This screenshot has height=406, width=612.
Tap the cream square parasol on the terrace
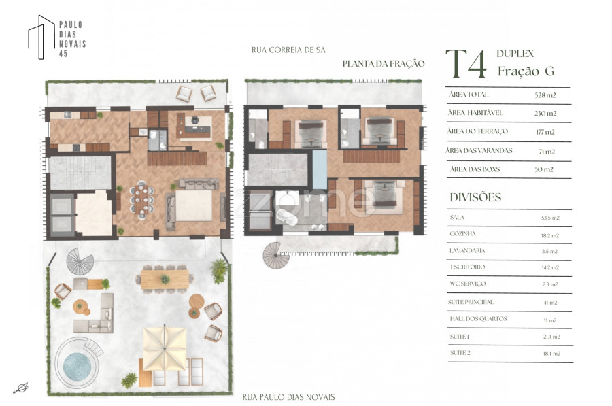point(165,348)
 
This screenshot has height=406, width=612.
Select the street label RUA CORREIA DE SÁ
point(288,50)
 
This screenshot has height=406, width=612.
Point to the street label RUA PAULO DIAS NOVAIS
point(288,397)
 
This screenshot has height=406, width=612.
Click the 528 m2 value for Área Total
point(545,95)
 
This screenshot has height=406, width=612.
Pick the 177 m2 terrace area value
point(545,132)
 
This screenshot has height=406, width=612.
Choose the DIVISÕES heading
point(475,197)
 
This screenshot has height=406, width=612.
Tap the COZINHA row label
point(462,234)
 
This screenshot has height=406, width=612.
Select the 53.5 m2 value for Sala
point(550,218)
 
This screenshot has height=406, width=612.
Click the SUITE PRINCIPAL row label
point(471,302)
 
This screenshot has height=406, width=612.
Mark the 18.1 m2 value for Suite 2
point(551,354)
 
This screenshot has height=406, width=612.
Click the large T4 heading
point(466,64)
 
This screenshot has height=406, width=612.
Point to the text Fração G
point(526,71)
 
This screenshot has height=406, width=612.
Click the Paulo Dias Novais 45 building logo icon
point(41,37)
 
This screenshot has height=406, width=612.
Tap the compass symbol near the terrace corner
point(22,388)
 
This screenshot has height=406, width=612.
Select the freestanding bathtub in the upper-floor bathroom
point(287,218)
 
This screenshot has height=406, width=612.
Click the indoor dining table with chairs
point(142,199)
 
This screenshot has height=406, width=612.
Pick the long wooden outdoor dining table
point(165,279)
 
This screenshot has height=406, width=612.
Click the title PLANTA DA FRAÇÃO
point(384,64)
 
